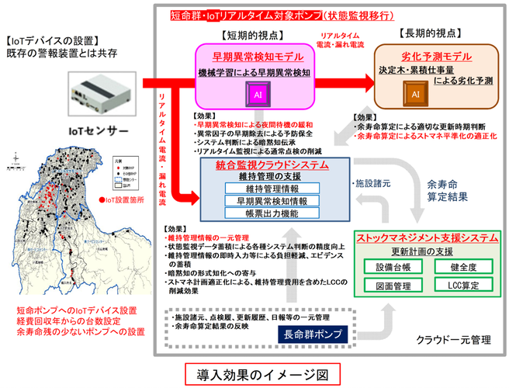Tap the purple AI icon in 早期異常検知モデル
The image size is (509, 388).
[x=257, y=94]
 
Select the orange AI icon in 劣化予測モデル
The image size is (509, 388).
[x=415, y=94]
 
